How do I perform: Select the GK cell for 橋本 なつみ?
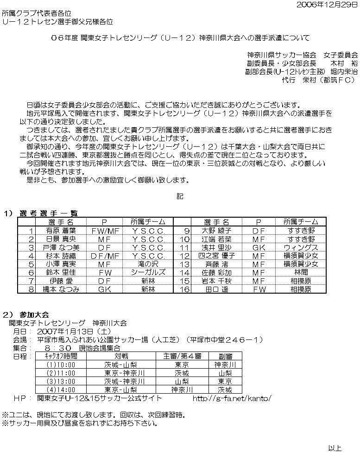104,289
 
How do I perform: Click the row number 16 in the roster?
184,289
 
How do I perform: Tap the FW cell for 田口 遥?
259,289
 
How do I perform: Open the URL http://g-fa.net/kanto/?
231,398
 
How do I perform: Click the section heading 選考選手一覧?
48,213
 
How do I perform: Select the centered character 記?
180,196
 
